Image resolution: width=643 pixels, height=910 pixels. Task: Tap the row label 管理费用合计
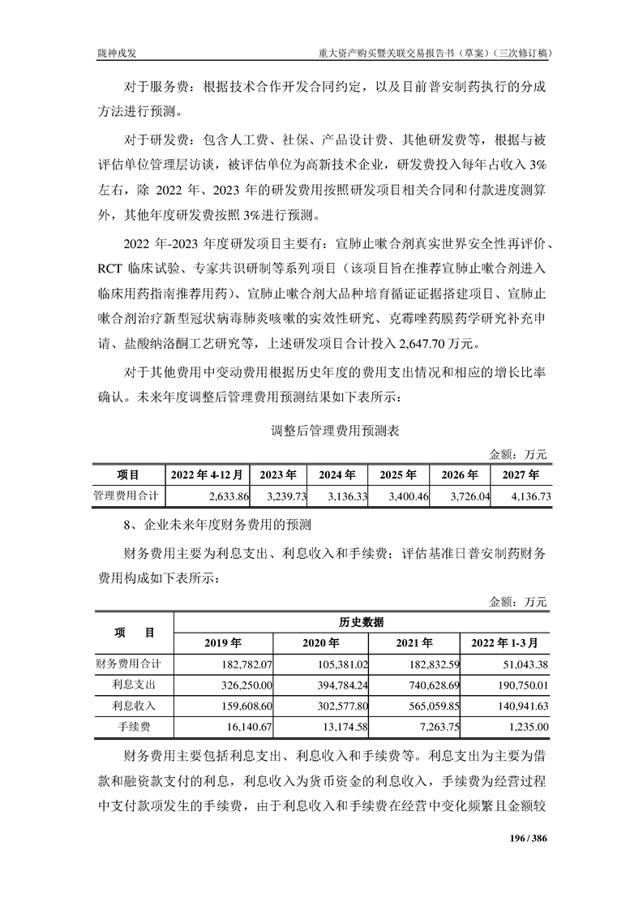(x=126, y=495)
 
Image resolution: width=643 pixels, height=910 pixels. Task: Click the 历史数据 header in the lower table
(x=362, y=622)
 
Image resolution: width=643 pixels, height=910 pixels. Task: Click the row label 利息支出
(x=134, y=685)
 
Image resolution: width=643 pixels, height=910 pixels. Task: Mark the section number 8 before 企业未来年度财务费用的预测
(x=127, y=525)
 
